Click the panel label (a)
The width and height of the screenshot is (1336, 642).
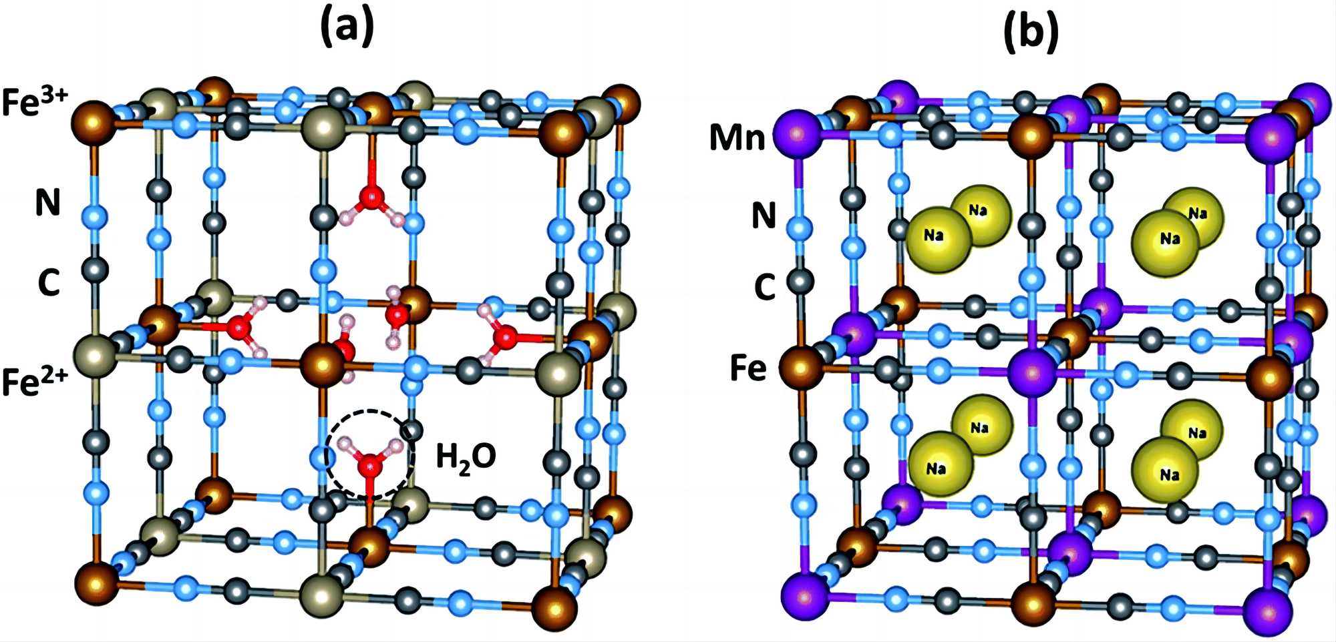click(347, 28)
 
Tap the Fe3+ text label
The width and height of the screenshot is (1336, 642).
click(35, 101)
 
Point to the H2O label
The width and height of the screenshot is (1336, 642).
click(466, 458)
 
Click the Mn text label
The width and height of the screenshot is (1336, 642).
click(737, 138)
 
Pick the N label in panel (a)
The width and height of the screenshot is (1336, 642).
click(47, 202)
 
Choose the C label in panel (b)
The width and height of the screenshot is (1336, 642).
click(764, 288)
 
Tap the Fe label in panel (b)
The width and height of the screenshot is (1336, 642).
click(748, 368)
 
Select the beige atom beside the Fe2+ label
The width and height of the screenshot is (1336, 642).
click(94, 357)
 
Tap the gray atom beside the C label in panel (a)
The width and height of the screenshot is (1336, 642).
click(95, 270)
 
